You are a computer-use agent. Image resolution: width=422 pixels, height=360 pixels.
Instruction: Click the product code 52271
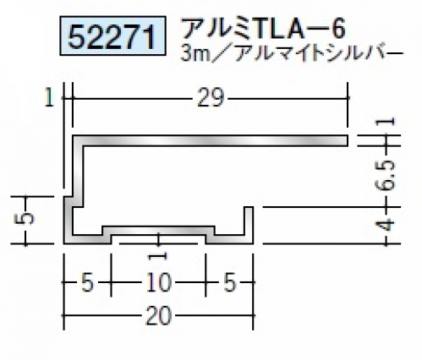(x=112, y=36)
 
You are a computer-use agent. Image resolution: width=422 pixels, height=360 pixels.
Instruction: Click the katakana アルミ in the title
(x=217, y=29)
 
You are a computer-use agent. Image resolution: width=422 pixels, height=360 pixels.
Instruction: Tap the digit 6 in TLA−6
(x=338, y=29)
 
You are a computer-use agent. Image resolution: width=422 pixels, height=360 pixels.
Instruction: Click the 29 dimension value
(x=211, y=97)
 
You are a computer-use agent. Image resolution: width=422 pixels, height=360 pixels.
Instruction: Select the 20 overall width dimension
(x=158, y=315)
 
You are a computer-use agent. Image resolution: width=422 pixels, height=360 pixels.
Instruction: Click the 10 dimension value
(x=158, y=282)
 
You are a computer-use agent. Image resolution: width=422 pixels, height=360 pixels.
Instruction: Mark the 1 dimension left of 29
(x=49, y=98)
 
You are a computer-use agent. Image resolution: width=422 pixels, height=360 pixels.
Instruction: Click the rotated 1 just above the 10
(x=159, y=256)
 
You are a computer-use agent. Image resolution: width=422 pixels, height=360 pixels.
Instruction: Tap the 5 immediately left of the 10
(x=87, y=283)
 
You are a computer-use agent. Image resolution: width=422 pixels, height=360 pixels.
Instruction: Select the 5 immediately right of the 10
(x=230, y=283)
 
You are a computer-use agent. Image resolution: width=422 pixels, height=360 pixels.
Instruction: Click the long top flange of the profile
(x=210, y=140)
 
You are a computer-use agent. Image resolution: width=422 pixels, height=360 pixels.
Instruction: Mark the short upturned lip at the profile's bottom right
(x=249, y=225)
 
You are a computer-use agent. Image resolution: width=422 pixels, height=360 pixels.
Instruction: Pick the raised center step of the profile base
(x=158, y=230)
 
